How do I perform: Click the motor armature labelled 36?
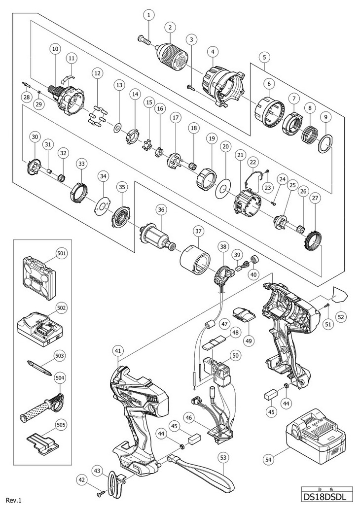coord(156,236)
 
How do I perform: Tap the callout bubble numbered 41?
coord(117,351)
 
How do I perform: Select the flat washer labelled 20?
coord(223,189)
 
